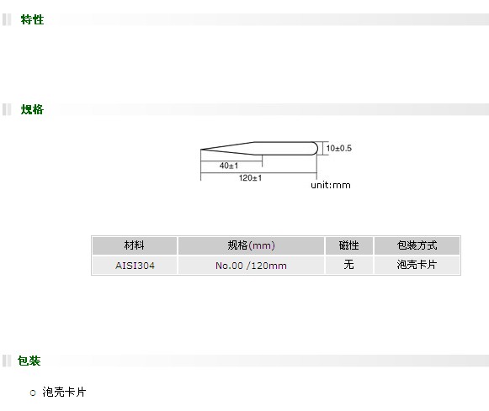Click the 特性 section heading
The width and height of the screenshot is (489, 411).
click(x=32, y=19)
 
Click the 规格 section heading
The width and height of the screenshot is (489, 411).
click(x=32, y=109)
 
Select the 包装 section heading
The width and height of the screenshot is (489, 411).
click(x=29, y=361)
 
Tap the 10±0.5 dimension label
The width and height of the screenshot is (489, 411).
click(x=339, y=148)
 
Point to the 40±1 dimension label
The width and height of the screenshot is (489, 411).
click(x=229, y=166)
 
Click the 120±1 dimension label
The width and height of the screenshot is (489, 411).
click(x=250, y=178)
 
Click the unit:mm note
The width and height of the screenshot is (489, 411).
click(x=331, y=185)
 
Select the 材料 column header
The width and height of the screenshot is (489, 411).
click(x=135, y=245)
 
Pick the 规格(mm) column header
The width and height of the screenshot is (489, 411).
click(x=251, y=245)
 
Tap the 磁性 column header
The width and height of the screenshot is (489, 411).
click(x=349, y=245)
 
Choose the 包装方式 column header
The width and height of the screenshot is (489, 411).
click(x=417, y=245)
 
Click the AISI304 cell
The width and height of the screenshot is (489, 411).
click(x=135, y=266)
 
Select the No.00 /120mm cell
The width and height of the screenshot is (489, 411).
click(x=251, y=266)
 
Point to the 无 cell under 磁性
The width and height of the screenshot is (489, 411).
click(x=349, y=265)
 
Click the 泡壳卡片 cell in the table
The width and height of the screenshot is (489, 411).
click(x=417, y=265)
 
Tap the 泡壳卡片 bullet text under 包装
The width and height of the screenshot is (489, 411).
click(x=64, y=392)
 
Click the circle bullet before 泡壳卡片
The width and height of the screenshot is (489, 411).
click(x=33, y=393)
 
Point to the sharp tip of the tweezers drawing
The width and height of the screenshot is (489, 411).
click(x=201, y=150)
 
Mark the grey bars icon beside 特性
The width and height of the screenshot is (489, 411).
click(x=7, y=19)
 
